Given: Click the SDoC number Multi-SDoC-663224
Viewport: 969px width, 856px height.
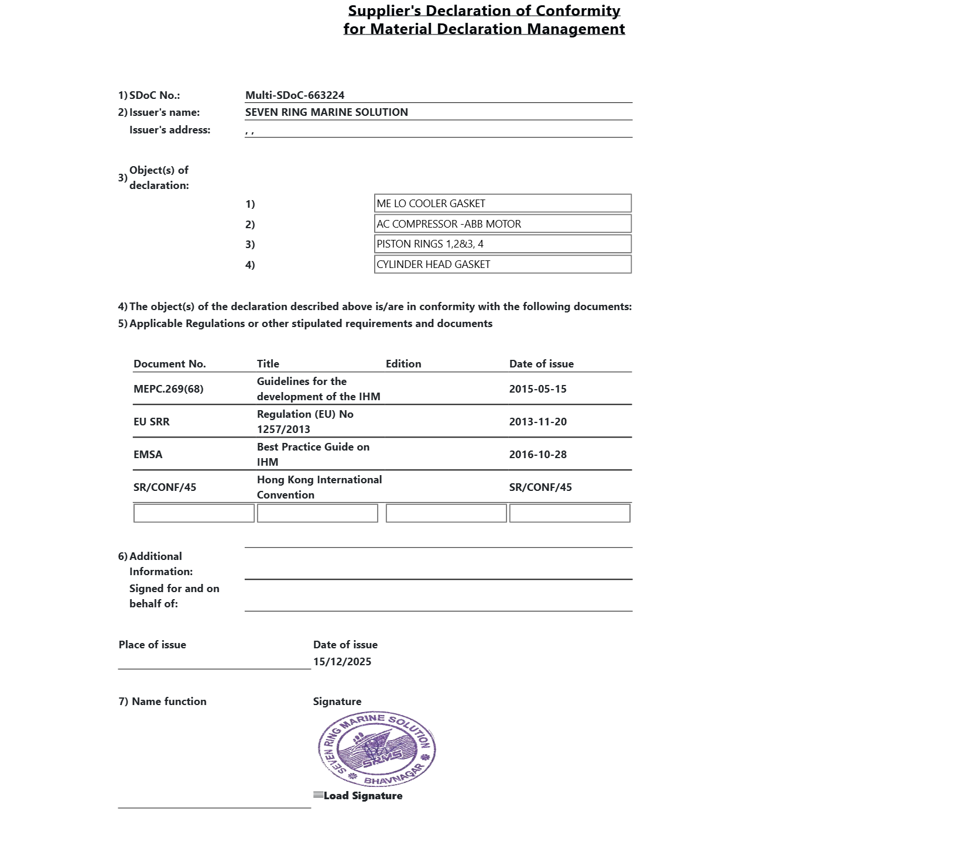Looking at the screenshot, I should click(295, 95).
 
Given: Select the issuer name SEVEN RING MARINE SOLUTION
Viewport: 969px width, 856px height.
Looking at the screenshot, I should click(326, 112).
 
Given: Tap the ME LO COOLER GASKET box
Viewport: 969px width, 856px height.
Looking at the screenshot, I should click(502, 204).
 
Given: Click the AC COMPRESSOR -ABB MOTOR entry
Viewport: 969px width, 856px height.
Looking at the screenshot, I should click(502, 224).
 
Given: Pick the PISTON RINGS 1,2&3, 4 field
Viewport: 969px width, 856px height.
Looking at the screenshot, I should click(502, 244).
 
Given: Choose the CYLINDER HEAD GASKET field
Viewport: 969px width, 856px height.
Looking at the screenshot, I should click(502, 264).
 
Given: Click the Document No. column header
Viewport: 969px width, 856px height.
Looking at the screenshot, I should click(169, 364).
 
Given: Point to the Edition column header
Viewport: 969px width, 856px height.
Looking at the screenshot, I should click(403, 364).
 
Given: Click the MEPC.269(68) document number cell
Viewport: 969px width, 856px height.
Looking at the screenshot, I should click(168, 389).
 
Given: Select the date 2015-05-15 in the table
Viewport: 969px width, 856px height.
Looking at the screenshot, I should click(537, 389).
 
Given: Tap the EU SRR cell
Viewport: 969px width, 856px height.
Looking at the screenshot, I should click(151, 422).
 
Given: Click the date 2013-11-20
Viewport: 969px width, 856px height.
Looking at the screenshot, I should click(537, 422).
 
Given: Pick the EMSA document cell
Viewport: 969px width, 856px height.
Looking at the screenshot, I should click(148, 455).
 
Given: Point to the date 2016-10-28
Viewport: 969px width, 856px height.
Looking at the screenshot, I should click(537, 455).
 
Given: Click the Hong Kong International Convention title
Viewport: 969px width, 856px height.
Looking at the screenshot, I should click(319, 487).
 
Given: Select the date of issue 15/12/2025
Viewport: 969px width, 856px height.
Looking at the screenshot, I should click(342, 662).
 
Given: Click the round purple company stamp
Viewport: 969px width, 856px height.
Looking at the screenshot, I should click(376, 750).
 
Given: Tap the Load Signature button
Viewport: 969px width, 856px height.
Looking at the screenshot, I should click(358, 796).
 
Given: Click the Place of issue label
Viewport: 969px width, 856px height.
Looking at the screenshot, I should click(152, 645).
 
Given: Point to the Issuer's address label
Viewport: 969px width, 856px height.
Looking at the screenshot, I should click(169, 130).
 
